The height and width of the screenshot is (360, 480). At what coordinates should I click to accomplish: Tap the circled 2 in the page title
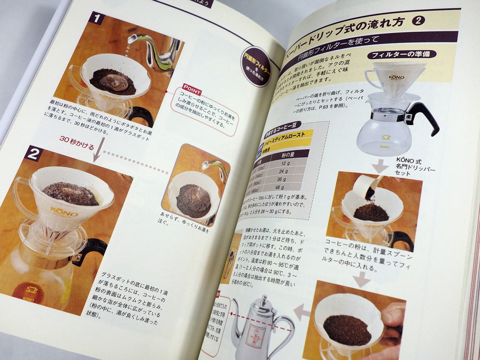click(418, 21)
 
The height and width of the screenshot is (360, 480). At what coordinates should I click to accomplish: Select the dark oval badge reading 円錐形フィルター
click(256, 66)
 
